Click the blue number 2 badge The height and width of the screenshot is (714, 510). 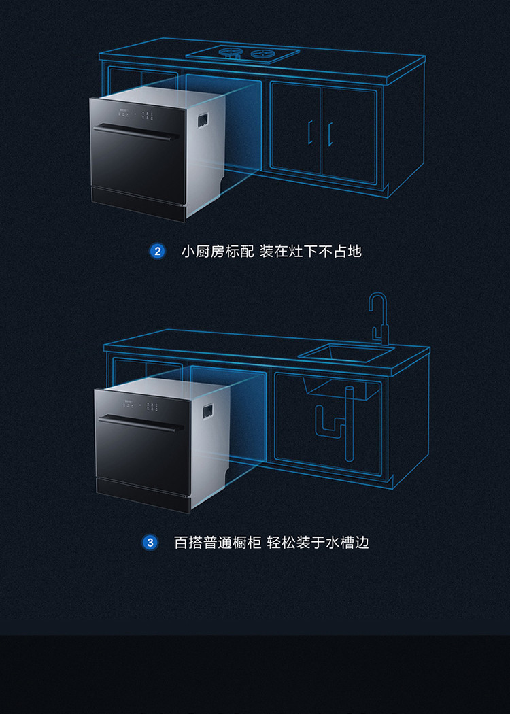(x=157, y=252)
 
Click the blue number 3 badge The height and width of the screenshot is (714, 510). (x=150, y=543)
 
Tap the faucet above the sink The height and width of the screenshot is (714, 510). (x=378, y=319)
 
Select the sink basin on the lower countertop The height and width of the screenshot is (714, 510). (x=345, y=353)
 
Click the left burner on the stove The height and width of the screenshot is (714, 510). (x=230, y=52)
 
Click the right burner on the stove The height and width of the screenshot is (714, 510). (x=262, y=53)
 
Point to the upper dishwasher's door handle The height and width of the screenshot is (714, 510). (x=136, y=132)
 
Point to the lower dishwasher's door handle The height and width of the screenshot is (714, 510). (x=141, y=424)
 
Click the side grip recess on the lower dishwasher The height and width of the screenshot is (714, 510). (x=207, y=411)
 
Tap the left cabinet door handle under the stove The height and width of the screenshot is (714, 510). (x=309, y=133)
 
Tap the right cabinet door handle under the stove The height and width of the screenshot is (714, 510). (x=330, y=134)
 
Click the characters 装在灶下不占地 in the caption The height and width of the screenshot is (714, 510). (x=311, y=252)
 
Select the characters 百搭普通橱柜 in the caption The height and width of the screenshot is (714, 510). (x=218, y=543)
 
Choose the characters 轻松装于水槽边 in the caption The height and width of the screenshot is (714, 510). (x=318, y=543)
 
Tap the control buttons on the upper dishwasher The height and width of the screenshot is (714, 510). (x=136, y=114)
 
